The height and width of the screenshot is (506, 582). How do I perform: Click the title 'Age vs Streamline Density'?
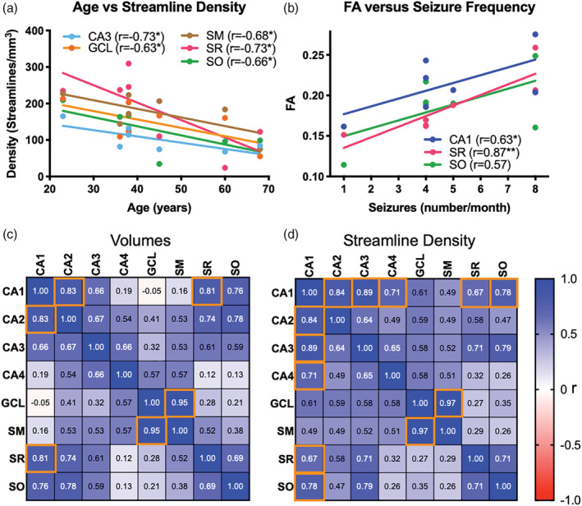[x=159, y=7]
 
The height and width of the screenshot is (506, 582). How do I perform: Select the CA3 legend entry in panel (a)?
[x=113, y=37]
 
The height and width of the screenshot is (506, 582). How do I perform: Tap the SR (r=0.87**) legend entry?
[x=471, y=152]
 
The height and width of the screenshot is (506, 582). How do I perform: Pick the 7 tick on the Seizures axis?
[x=508, y=189]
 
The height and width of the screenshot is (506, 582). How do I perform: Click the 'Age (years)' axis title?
[x=159, y=207]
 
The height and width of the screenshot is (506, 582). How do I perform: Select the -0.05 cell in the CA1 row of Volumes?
[x=152, y=291]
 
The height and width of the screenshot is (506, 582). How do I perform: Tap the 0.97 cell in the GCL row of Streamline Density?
[x=448, y=403]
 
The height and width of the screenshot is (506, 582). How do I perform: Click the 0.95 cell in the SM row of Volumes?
[x=152, y=430]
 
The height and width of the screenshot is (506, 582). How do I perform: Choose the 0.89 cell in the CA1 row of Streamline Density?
[x=364, y=292]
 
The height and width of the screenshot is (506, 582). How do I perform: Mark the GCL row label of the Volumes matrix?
[x=13, y=402]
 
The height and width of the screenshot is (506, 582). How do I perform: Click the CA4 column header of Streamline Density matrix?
[x=392, y=265]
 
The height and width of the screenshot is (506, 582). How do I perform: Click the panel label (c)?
[x=10, y=235]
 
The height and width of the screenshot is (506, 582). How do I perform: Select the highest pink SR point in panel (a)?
[x=128, y=63]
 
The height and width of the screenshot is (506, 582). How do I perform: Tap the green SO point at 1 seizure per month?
[x=344, y=164]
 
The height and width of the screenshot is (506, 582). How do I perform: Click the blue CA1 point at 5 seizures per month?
[x=453, y=90]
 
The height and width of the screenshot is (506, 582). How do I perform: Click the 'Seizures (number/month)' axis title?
[x=439, y=207]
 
